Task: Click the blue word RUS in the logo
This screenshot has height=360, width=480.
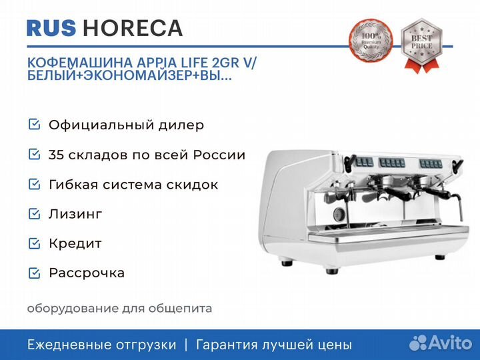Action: (51, 28)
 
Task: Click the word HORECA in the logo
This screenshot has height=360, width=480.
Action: (133, 28)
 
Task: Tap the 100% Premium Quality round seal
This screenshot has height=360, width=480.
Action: (371, 41)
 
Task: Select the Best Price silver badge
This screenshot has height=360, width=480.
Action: (422, 45)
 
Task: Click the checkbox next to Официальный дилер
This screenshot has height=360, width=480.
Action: (34, 124)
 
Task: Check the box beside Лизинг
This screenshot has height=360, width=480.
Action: (34, 214)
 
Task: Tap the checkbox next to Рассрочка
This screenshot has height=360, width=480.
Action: (34, 273)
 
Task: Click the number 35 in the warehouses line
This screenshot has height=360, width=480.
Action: (56, 155)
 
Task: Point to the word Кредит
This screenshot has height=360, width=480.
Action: (75, 243)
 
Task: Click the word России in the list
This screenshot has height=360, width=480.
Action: (219, 155)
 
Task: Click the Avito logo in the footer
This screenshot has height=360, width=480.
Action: (441, 343)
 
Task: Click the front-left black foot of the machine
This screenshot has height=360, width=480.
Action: (332, 271)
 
